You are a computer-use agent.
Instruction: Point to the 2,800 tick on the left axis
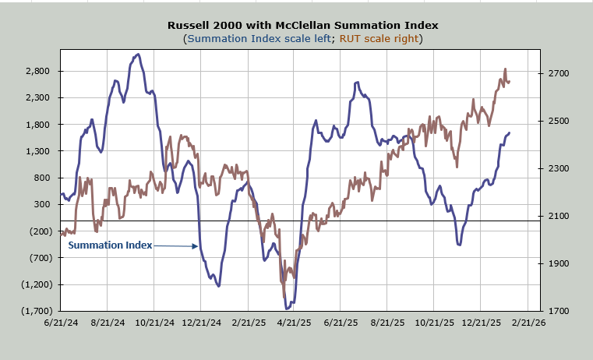point(37,71)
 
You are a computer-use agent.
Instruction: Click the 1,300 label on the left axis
point(37,151)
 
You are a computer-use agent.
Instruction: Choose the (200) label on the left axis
point(40,231)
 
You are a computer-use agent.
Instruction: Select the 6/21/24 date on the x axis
point(61,322)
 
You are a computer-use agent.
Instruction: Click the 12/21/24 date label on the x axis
point(201,322)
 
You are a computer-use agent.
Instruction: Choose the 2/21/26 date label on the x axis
point(530,322)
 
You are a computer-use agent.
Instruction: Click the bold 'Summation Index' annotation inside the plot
point(110,245)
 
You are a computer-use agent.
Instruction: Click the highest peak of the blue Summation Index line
point(137,55)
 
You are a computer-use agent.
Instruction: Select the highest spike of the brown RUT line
point(505,69)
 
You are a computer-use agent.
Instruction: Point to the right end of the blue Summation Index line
point(510,132)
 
